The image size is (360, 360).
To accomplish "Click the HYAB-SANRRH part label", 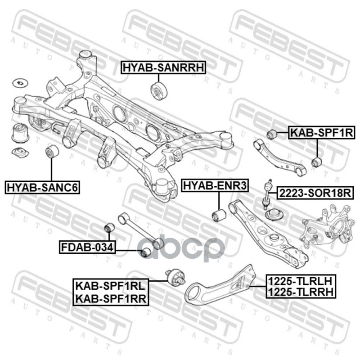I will coord(163,67).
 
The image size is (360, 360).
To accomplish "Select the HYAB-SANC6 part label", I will coord(42,187).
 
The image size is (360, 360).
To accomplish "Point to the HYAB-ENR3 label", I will coord(215,185).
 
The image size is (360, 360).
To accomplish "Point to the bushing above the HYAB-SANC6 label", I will coord(52,152).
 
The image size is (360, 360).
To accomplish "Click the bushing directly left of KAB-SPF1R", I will coord(271,134).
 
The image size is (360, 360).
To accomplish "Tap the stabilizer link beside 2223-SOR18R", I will coord(269,193).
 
